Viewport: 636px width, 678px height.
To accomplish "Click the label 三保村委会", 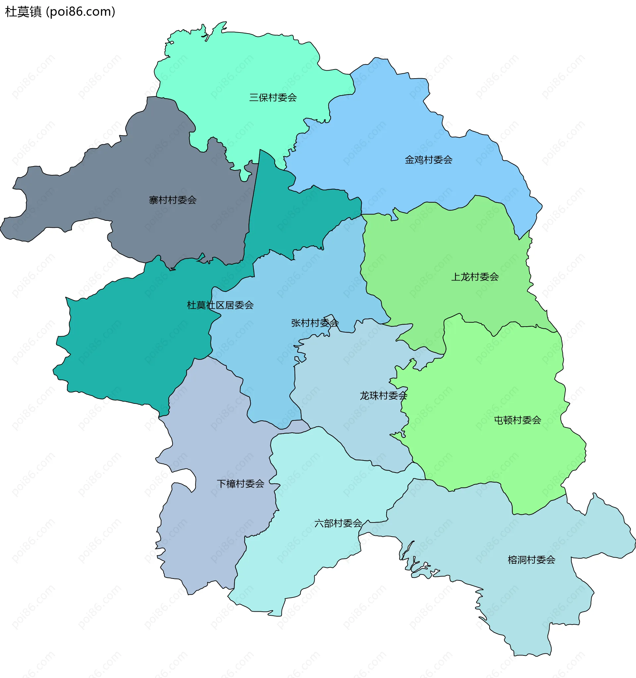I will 273,98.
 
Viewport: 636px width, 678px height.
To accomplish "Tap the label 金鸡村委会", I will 428,160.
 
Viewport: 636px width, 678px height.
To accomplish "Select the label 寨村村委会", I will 173,200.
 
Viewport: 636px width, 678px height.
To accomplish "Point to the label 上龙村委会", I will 475,277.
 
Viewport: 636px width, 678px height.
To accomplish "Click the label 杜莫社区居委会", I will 220,305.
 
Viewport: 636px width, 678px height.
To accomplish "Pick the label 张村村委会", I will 315,323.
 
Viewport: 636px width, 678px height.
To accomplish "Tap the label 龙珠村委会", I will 384,396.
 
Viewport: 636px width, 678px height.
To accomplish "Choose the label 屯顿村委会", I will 517,420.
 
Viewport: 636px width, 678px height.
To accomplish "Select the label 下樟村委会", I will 240,484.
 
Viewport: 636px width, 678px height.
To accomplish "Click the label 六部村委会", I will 338,523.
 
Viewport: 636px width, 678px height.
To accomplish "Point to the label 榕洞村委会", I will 531,560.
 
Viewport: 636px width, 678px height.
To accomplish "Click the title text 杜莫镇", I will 23,12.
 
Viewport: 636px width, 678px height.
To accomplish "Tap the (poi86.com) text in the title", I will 80,12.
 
